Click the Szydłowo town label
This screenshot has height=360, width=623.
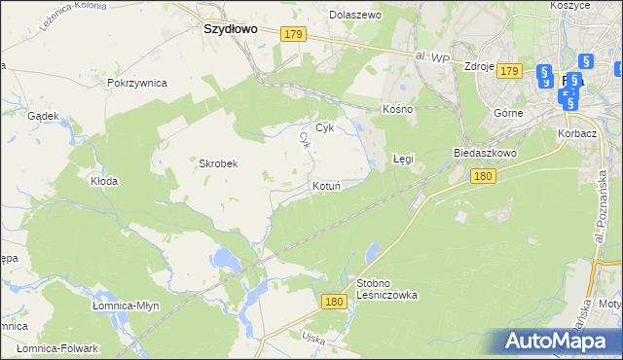pos(230,29)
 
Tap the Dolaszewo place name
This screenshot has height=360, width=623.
pos(355,16)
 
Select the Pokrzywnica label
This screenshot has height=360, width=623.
pos(137,83)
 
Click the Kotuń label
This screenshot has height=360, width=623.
pos(325,185)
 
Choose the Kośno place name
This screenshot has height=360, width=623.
pos(398,109)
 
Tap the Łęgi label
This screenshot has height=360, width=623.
pos(403,158)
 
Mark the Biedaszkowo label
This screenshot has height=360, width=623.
pos(484,154)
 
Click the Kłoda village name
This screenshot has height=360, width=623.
pos(104,181)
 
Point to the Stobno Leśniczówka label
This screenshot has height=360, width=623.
pos(386,289)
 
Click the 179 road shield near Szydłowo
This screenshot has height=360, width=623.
pos(295,34)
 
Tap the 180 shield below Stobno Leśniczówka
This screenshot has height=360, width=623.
pos(335,303)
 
